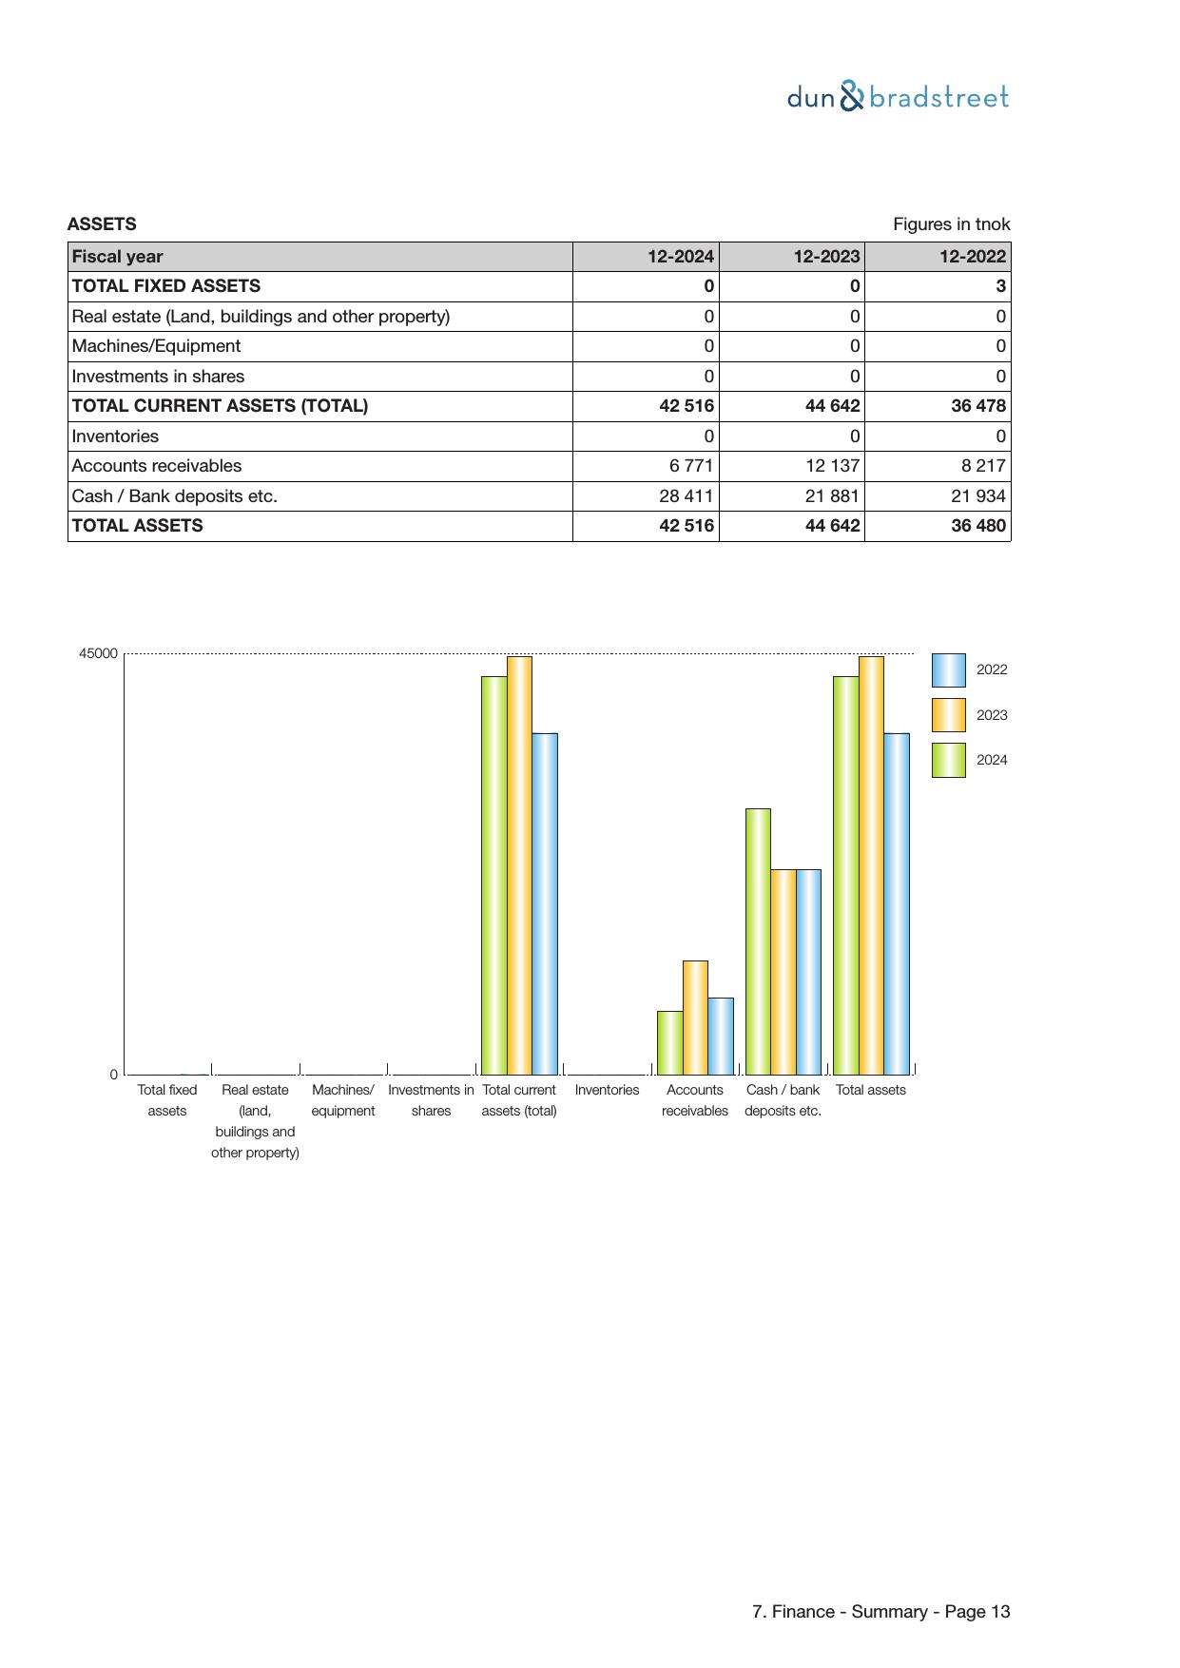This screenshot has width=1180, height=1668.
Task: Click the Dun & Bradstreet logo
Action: tap(898, 97)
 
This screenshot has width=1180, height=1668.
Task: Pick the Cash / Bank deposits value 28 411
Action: tap(686, 496)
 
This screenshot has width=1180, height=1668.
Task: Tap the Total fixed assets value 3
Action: tap(1000, 286)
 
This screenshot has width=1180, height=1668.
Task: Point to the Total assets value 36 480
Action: tap(977, 526)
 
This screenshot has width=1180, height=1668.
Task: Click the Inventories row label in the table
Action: tap(115, 436)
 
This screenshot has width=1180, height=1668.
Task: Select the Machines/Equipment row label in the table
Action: tap(156, 346)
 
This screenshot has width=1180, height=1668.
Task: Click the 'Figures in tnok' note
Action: tap(951, 224)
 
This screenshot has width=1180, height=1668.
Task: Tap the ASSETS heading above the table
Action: tap(102, 224)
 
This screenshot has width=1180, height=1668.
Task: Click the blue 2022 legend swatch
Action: tap(948, 670)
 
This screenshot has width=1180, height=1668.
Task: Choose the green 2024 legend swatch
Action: tap(948, 760)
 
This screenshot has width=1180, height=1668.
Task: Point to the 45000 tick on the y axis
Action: tap(99, 654)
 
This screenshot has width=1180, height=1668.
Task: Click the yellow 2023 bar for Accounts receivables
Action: tap(695, 1017)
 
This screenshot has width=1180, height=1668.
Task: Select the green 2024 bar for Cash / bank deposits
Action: tap(758, 941)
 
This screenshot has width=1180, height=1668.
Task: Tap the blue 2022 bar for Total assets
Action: tap(896, 903)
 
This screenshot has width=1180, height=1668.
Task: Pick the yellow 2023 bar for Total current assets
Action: tap(519, 864)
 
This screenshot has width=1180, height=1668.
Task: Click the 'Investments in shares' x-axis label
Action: tap(431, 1100)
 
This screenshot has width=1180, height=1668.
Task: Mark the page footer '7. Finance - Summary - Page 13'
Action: tap(880, 1612)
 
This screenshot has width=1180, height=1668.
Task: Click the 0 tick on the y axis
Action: tap(114, 1075)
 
